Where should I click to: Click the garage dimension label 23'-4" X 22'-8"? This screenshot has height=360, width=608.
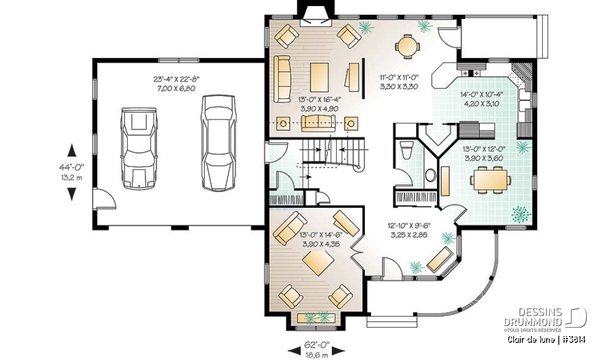click(176, 79)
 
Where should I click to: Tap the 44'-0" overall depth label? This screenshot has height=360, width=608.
click(71, 167)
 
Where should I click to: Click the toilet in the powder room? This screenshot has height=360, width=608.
click(406, 150)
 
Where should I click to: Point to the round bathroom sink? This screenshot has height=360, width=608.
click(431, 175)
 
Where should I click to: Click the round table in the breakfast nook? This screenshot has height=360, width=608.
click(407, 47)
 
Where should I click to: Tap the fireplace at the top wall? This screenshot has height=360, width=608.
click(316, 16)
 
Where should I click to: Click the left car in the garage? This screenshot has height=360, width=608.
click(139, 148)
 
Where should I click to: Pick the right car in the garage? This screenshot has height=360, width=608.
click(218, 143)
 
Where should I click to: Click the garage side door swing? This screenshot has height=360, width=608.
click(104, 199)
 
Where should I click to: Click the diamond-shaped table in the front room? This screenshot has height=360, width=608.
click(318, 263)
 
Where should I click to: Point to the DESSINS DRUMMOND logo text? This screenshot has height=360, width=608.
click(533, 317)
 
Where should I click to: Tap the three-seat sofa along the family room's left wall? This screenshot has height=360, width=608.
click(282, 79)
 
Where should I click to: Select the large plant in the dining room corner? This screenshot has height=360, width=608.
click(521, 215)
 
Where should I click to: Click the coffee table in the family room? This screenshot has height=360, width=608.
click(320, 77)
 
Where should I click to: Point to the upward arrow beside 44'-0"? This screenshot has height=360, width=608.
click(71, 150)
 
